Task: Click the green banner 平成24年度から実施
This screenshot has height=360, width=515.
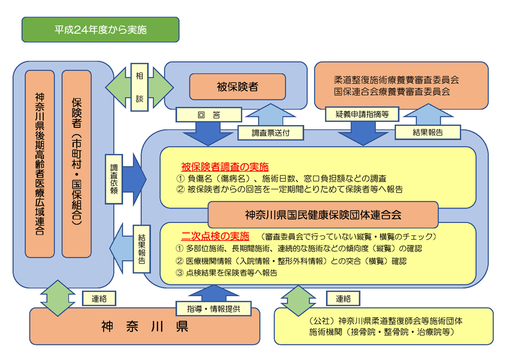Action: coord(100,30)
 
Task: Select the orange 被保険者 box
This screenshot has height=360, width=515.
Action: coord(237,87)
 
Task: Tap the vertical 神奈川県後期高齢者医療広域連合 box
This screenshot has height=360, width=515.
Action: coord(40,164)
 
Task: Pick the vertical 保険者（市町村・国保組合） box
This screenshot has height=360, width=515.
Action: coord(76,164)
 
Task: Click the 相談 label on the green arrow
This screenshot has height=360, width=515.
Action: coord(139,87)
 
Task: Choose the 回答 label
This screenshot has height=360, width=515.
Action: coord(209,114)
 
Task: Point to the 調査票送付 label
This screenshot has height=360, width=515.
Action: coord(270,132)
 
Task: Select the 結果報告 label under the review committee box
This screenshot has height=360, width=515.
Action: coord(427,132)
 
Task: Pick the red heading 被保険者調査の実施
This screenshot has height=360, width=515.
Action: coord(225,167)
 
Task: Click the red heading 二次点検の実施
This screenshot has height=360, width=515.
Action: coord(215,236)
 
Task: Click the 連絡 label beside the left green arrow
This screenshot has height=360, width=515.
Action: coord(98,298)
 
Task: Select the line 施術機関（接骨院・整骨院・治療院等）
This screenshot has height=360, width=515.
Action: coord(382,332)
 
